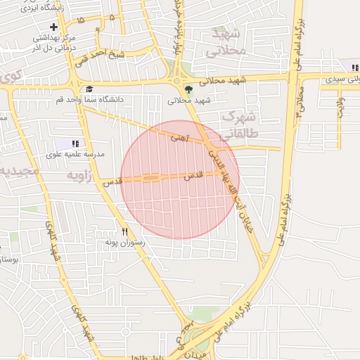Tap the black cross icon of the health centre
53,27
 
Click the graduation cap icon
89,89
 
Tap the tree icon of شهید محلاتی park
188,89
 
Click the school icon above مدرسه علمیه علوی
75,143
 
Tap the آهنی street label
179,139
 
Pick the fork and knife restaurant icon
124,231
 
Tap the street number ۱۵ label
81,22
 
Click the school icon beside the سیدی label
355,69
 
